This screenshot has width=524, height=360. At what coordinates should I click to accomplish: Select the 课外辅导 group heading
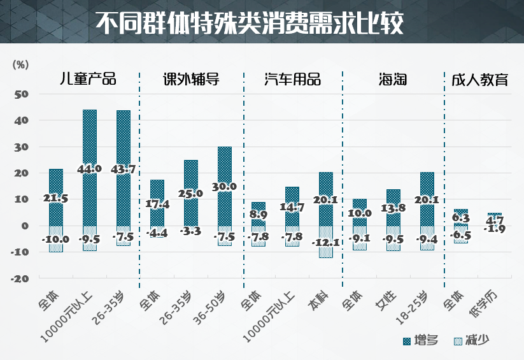click(x=190, y=80)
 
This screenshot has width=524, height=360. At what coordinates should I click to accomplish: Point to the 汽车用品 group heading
click(x=293, y=80)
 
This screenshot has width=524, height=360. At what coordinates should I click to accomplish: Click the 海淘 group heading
click(x=392, y=80)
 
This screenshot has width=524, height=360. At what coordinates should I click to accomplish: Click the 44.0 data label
click(x=89, y=169)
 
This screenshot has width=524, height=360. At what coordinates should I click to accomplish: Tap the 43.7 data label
click(x=124, y=169)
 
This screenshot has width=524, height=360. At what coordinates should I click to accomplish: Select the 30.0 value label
click(x=225, y=187)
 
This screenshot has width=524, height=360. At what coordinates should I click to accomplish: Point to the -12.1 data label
click(x=325, y=242)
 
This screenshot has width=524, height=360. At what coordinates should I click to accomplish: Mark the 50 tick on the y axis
click(x=22, y=94)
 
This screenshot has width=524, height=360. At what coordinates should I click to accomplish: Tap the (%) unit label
click(x=20, y=64)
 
